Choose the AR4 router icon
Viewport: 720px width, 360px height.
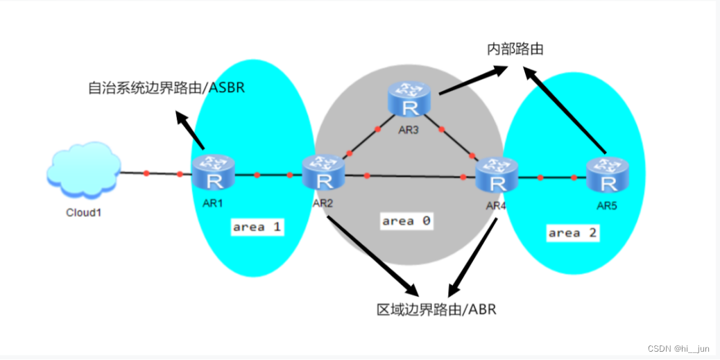click(x=497, y=175)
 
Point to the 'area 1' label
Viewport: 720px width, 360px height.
click(x=257, y=227)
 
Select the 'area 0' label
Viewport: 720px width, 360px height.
click(x=406, y=221)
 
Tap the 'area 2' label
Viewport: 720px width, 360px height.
click(x=572, y=233)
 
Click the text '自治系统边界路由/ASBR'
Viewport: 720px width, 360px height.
click(x=166, y=88)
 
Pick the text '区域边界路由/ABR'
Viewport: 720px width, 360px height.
click(x=436, y=309)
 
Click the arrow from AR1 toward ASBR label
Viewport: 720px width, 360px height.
click(x=190, y=130)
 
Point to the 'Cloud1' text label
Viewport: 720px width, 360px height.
click(x=84, y=212)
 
